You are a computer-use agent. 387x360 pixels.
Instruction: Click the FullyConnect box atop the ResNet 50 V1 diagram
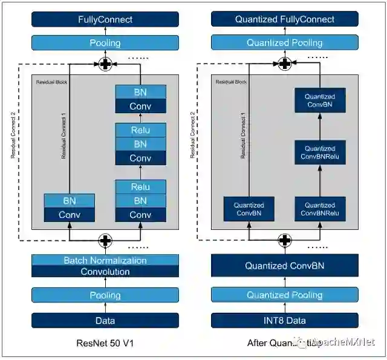[105, 19]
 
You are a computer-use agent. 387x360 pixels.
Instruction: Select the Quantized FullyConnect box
[284, 19]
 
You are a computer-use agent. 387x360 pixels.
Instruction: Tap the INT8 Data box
[284, 320]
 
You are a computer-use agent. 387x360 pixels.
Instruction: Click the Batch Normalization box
[105, 260]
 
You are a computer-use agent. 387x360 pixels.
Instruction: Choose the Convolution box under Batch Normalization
[105, 272]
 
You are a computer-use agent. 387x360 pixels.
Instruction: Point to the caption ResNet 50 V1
[105, 343]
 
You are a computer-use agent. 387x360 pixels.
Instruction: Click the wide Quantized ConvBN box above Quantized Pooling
[284, 266]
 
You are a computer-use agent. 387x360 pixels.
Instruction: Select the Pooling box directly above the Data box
[105, 295]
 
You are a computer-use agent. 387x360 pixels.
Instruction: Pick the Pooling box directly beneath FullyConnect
[105, 43]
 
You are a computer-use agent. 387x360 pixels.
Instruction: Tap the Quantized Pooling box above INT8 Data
[284, 295]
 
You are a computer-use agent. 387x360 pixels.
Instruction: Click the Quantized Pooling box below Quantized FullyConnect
[284, 43]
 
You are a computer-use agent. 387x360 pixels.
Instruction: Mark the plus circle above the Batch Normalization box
[106, 240]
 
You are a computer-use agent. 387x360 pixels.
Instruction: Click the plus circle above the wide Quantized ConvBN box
[285, 240]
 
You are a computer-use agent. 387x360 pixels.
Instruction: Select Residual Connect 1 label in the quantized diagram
[242, 136]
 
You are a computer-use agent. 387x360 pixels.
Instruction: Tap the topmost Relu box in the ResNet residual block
[140, 130]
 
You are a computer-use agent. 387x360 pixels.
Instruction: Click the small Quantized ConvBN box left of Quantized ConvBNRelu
[249, 209]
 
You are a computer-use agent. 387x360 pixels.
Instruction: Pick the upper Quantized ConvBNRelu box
[320, 152]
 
